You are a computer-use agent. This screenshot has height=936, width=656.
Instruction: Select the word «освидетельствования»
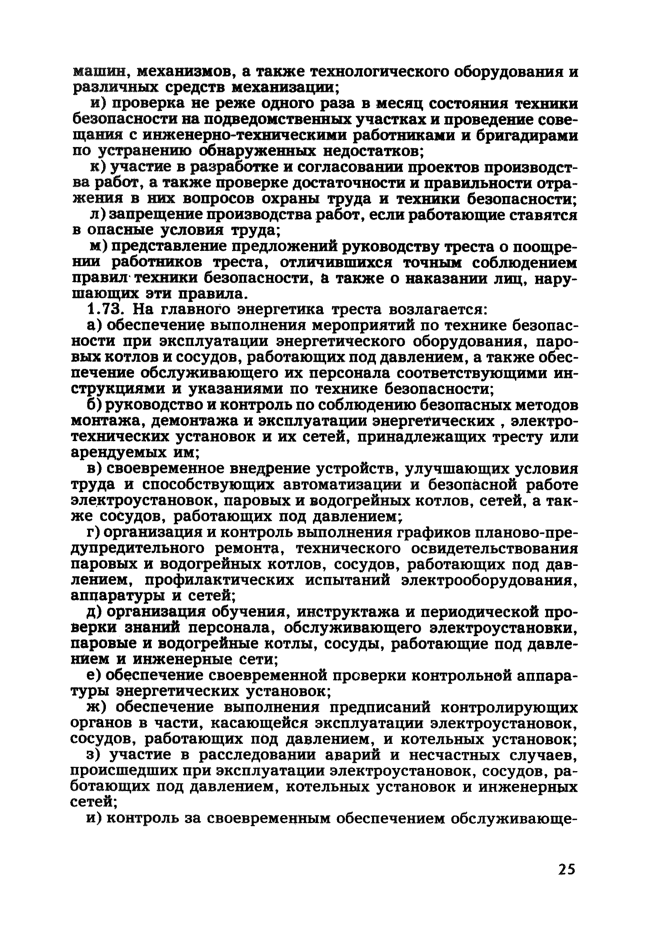495,548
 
